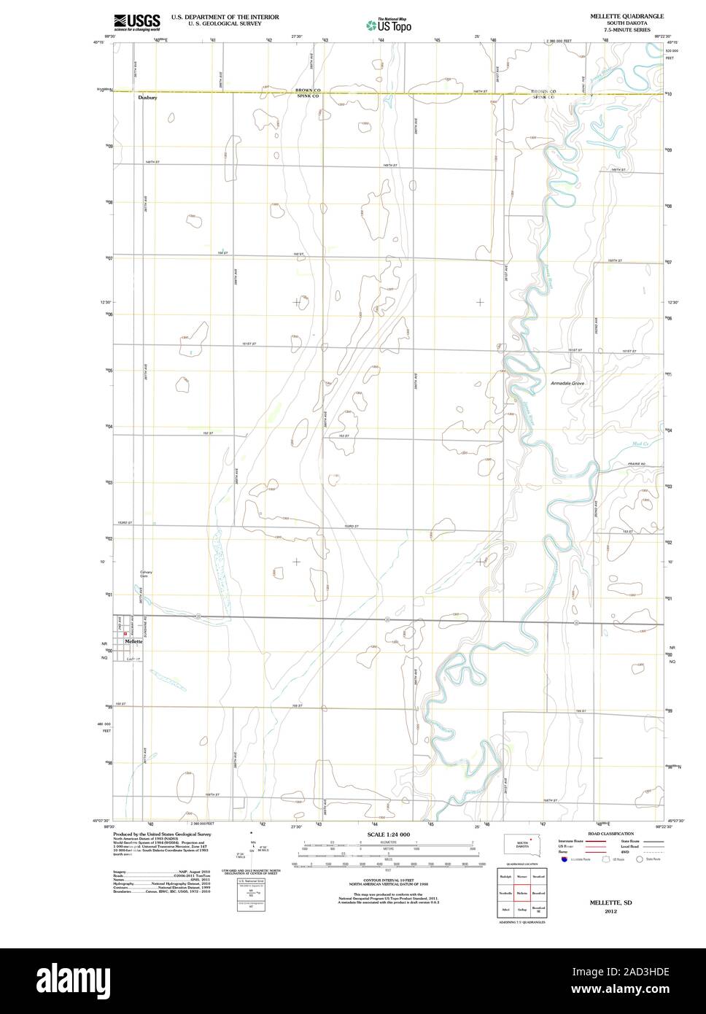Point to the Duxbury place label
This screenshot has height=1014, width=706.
coord(147,96)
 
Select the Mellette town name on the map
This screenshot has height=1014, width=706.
coord(133,640)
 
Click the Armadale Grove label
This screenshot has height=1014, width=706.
coord(567,383)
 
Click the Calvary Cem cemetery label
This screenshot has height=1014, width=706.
coord(147,574)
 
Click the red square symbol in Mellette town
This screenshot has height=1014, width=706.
coord(125,633)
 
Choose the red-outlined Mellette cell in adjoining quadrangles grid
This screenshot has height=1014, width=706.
coord(521,892)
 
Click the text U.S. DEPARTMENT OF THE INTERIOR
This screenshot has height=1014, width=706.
coord(225,16)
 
